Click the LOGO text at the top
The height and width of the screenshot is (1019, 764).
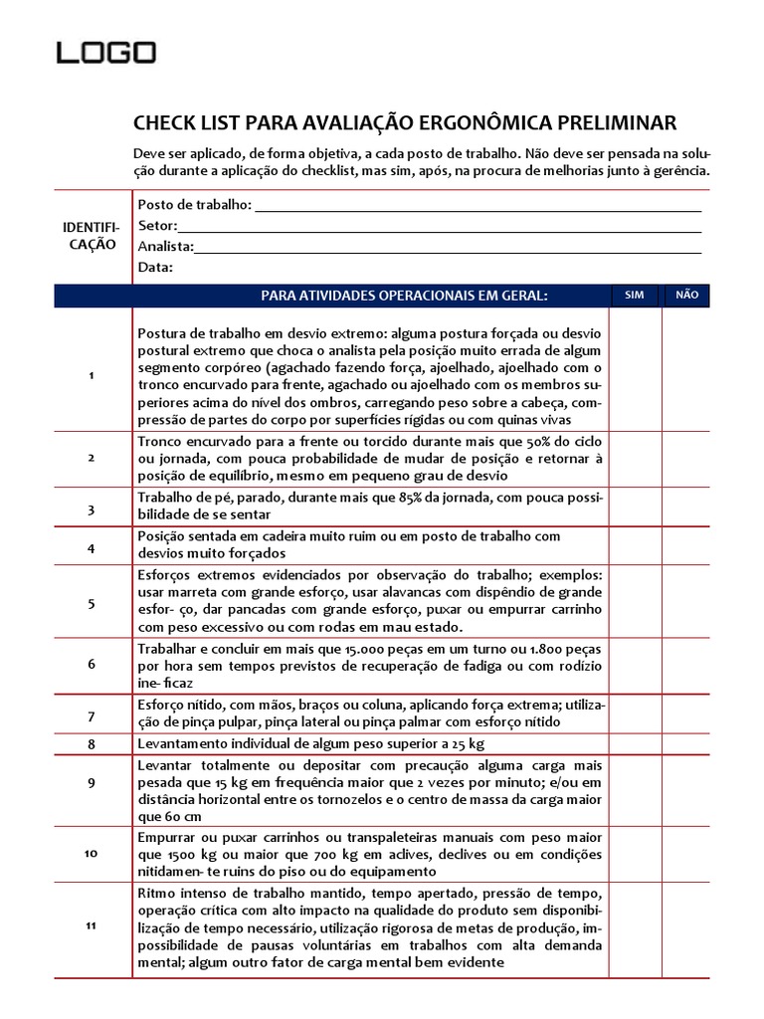tap(105, 52)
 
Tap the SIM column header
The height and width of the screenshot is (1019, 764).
tap(635, 296)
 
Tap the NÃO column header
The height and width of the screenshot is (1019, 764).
tap(686, 296)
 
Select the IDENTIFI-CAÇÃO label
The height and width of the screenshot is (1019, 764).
tap(92, 237)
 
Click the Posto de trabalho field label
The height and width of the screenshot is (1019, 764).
tap(194, 205)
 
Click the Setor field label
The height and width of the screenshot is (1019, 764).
tap(157, 226)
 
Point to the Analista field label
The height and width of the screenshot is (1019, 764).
tap(166, 247)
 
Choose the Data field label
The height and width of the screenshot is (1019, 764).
tap(155, 268)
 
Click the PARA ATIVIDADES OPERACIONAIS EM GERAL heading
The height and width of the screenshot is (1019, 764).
tap(404, 296)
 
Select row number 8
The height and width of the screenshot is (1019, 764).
tap(91, 744)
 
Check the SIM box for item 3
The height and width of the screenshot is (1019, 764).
tap(635, 506)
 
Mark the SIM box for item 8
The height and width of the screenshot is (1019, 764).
tap(635, 744)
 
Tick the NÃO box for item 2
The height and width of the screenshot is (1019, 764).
tap(686, 459)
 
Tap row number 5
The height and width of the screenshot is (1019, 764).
tap(91, 603)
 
